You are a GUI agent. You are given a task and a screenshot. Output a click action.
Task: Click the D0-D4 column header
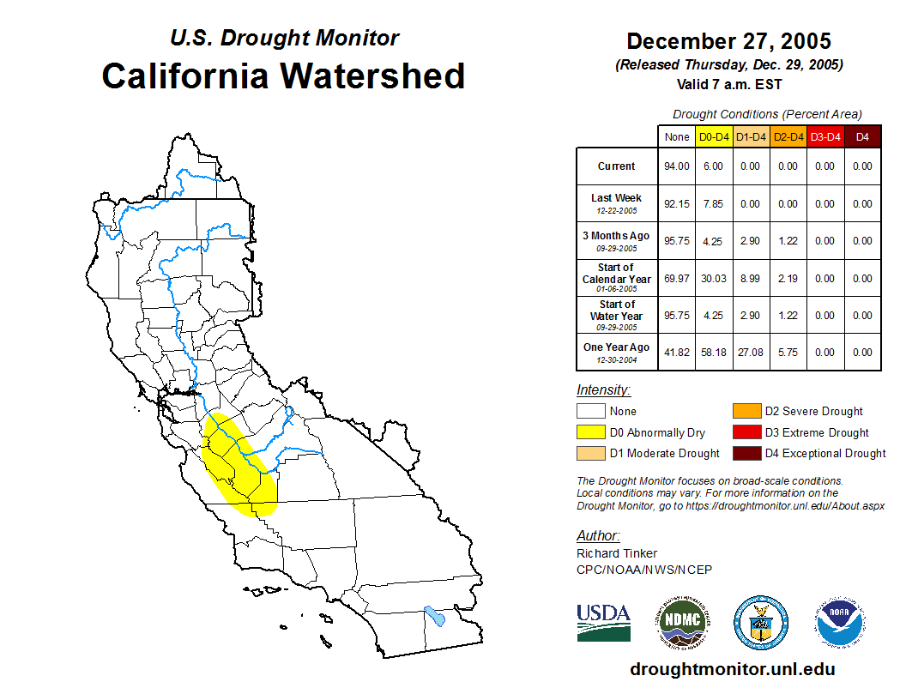pyautogui.click(x=714, y=136)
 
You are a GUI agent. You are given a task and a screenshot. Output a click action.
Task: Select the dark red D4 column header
pyautogui.click(x=862, y=136)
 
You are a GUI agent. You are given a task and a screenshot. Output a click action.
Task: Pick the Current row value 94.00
pyautogui.click(x=677, y=166)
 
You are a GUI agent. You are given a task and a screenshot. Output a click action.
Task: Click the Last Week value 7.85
pyautogui.click(x=714, y=204)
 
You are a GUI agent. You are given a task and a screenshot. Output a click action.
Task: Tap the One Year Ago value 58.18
pyautogui.click(x=714, y=352)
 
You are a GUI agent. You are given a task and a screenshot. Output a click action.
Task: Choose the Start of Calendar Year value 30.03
pyautogui.click(x=714, y=278)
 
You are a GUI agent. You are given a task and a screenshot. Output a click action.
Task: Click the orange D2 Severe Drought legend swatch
pyautogui.click(x=746, y=411)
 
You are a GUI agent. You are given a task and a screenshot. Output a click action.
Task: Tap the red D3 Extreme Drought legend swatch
pyautogui.click(x=746, y=432)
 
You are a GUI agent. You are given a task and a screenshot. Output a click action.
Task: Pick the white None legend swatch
pyautogui.click(x=591, y=411)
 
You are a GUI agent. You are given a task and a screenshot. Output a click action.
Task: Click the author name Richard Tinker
pyautogui.click(x=617, y=553)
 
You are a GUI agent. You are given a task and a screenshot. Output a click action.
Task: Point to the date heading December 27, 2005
pyautogui.click(x=728, y=41)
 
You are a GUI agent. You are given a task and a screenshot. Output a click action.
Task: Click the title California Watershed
pyautogui.click(x=283, y=76)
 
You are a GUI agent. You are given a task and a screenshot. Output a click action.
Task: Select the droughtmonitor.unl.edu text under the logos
pyautogui.click(x=733, y=669)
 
